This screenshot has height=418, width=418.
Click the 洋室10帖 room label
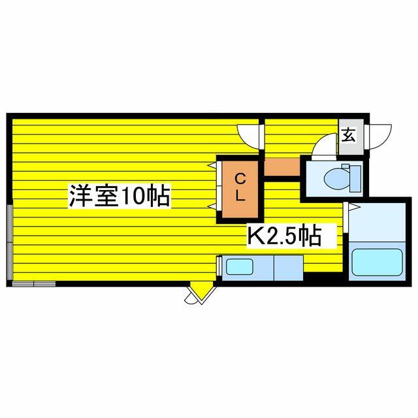point(119,196)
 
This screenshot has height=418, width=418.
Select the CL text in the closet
point(240,186)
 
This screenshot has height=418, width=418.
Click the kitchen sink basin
point(239,267)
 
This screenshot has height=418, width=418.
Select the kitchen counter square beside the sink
point(288,268)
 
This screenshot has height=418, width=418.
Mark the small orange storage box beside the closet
point(281,167)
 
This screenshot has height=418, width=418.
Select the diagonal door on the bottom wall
point(199,295)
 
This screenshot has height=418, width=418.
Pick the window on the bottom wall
point(33,283)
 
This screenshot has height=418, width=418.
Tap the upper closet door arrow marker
point(212,167)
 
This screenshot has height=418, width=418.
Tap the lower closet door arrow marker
point(212,206)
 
